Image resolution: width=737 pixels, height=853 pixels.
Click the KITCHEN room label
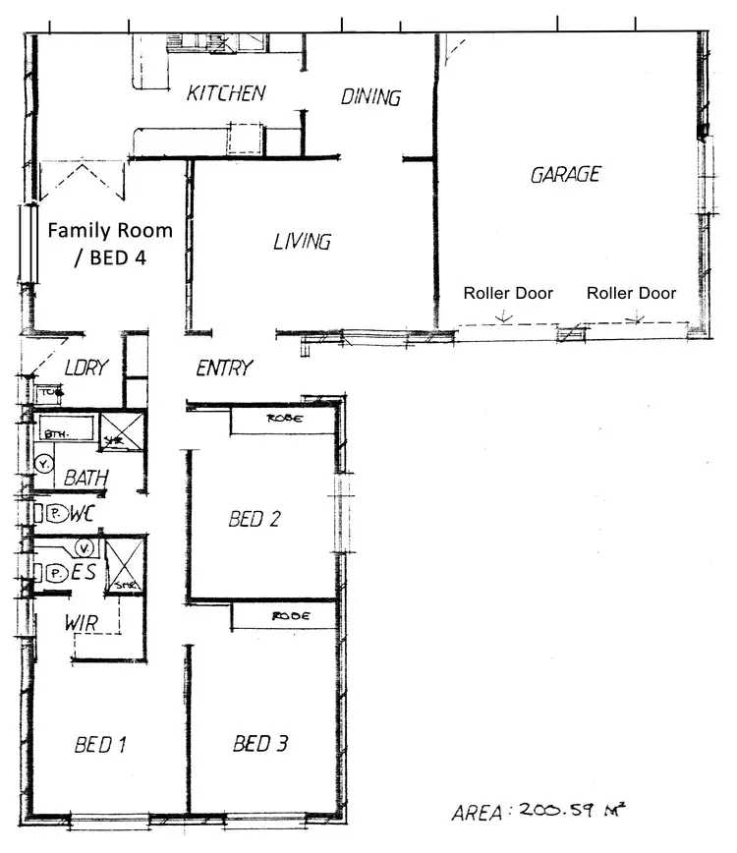coord(226,94)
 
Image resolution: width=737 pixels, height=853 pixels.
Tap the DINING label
coord(370,97)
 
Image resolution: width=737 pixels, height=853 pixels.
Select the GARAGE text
coord(565,175)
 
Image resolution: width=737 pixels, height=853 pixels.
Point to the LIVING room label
coord(302,241)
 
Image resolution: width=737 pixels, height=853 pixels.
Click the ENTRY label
coord(224,369)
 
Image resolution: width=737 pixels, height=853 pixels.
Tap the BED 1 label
coord(101,745)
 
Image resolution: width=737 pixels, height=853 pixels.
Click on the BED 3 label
coord(260,744)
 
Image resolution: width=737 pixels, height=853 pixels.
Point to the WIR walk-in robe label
coord(81,622)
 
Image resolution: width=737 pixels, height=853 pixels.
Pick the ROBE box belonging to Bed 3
coord(287,616)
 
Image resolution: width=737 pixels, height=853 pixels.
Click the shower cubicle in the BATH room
coord(123,431)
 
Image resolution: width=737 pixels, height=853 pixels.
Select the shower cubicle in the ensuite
coord(125,564)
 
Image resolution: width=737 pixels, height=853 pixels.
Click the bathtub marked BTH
coord(66,428)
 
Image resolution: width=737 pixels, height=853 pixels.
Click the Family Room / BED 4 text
coord(109,244)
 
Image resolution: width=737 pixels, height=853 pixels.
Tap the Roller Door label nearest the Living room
coord(508,293)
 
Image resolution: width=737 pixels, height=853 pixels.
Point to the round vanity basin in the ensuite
coord(85,546)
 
